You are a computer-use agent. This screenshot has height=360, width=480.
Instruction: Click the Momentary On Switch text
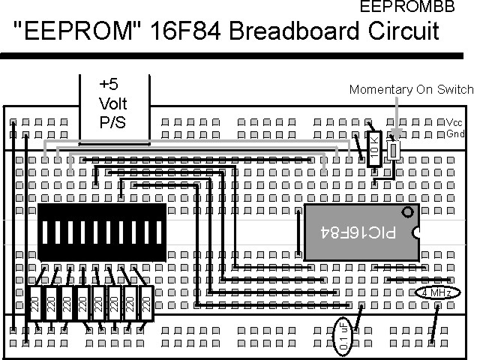point(412,90)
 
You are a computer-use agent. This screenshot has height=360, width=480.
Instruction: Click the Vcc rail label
point(454,122)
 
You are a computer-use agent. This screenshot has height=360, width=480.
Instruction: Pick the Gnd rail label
point(454,134)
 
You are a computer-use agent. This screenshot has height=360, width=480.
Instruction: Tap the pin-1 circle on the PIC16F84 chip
point(408,212)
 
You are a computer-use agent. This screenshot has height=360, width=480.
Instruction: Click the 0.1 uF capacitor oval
point(341,334)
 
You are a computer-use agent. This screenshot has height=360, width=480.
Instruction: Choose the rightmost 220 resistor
point(146,304)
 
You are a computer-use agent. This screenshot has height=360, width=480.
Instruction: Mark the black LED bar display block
point(101,232)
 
